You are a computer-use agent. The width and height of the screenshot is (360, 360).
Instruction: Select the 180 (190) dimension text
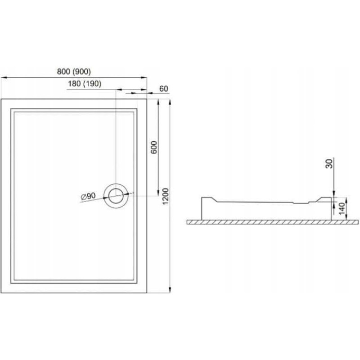pos(85,84)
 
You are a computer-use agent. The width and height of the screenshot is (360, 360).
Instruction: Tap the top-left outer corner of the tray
pos(2,99)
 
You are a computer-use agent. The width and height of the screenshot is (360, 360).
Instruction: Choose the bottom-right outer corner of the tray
pos(147,292)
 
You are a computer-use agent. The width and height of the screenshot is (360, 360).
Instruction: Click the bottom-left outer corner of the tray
pos(2,292)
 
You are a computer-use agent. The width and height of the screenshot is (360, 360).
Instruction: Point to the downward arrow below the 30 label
pos(333,192)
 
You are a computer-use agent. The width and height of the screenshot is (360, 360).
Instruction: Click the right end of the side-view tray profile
pos(332,209)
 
